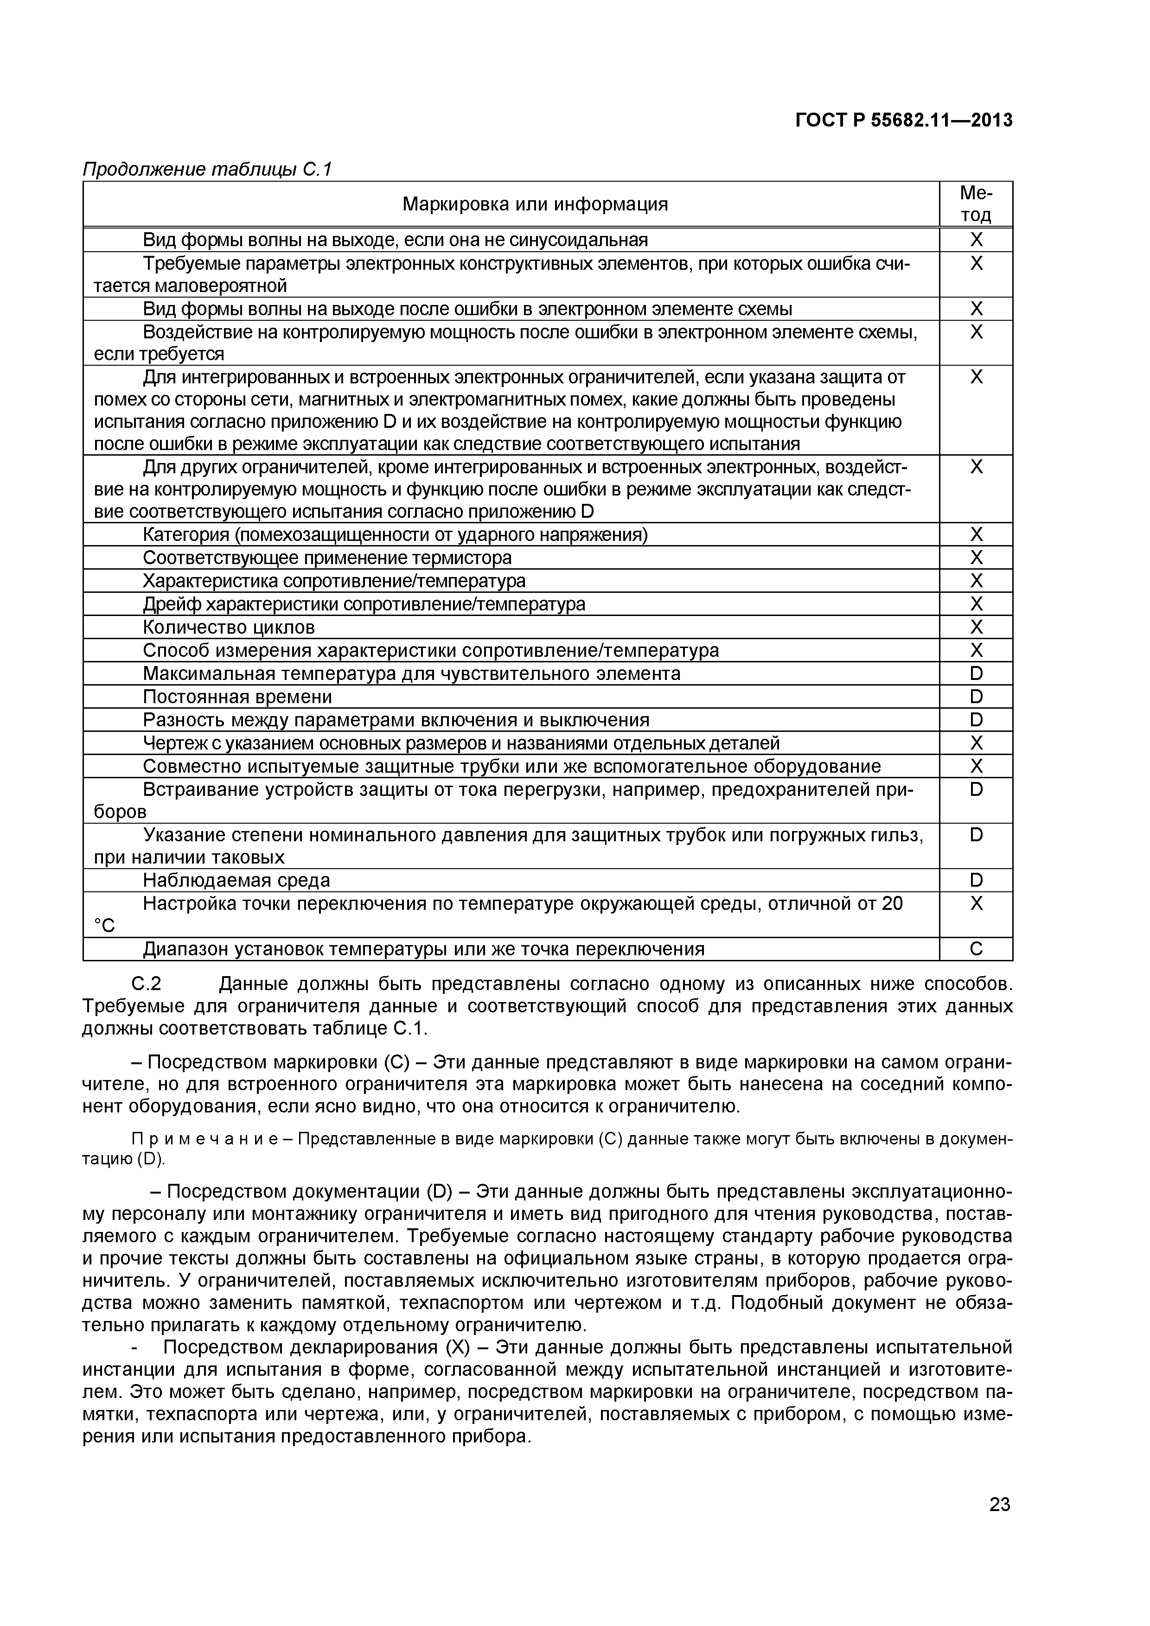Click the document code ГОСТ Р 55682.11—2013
point(903,121)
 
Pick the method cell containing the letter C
point(976,949)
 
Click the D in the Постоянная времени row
point(976,697)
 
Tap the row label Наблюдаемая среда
point(236,880)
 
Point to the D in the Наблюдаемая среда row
point(976,880)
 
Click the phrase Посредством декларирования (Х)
point(312,1347)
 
